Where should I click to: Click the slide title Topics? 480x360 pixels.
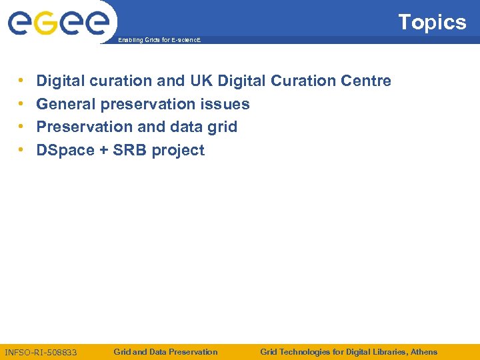tap(432, 23)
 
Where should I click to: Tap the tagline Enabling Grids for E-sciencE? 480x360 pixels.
tap(158, 41)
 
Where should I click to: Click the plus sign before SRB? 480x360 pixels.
tap(103, 151)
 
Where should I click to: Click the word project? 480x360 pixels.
tap(178, 151)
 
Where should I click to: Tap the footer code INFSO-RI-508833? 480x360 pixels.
tap(41, 352)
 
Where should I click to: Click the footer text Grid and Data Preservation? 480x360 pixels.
tap(165, 351)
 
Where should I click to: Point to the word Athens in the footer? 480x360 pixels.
tap(424, 351)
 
